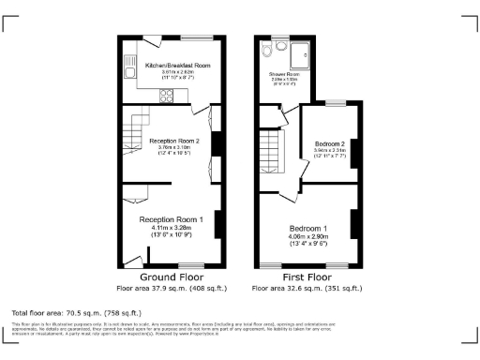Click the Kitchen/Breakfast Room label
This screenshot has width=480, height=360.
(177, 67)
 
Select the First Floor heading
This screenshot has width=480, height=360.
(307, 278)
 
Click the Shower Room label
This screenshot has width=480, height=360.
(285, 73)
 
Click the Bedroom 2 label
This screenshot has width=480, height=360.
(330, 143)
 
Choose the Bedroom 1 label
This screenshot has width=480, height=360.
(307, 229)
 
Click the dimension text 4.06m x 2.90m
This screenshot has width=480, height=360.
(307, 236)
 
